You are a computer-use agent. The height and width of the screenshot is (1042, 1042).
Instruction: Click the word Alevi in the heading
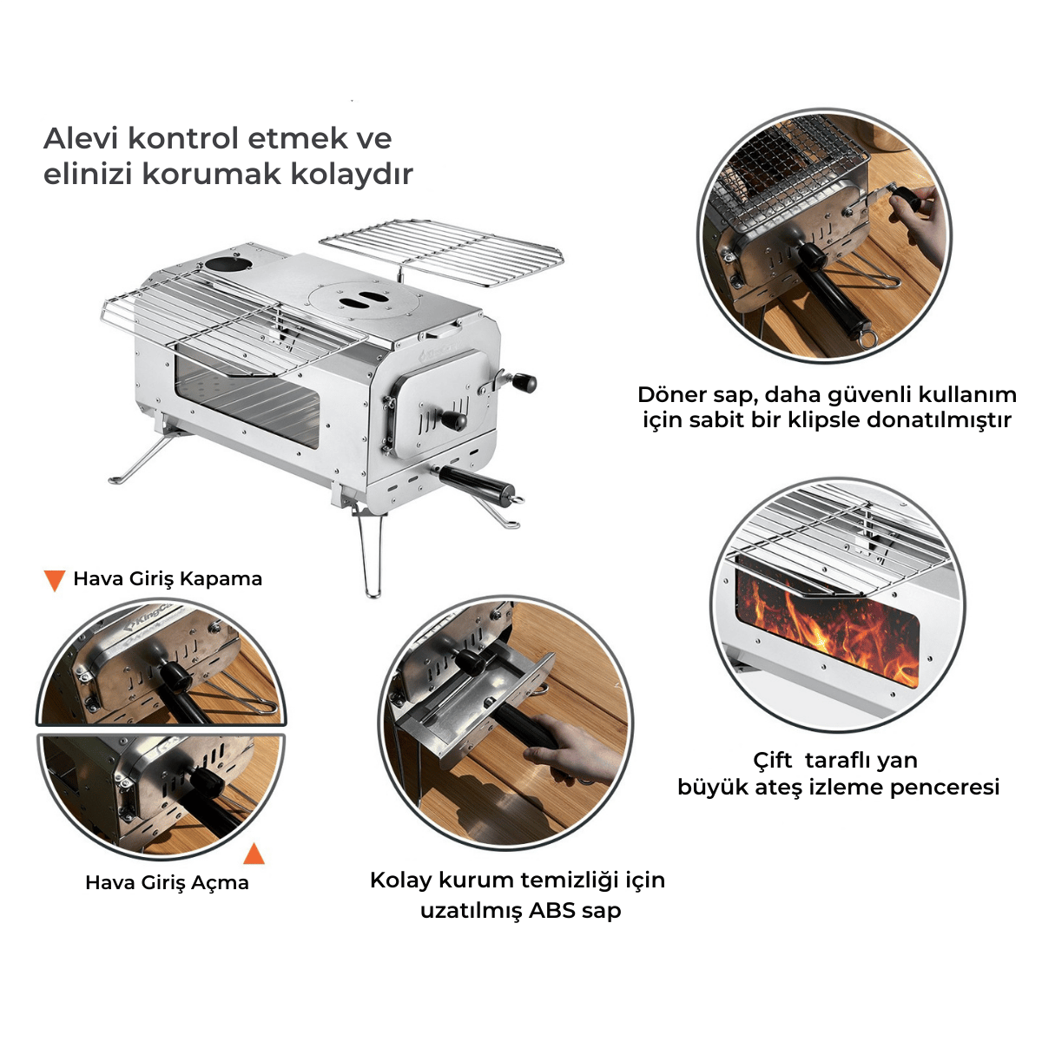click(x=82, y=138)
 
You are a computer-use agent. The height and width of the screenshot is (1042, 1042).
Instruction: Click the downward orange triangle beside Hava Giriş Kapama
click(x=56, y=581)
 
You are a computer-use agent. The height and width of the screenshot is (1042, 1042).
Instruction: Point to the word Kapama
click(x=221, y=579)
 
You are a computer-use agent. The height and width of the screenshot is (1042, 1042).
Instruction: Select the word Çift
click(x=773, y=761)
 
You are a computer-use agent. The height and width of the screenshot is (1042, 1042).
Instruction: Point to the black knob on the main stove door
click(x=453, y=419)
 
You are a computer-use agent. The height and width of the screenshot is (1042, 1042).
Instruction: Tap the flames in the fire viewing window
click(x=828, y=626)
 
